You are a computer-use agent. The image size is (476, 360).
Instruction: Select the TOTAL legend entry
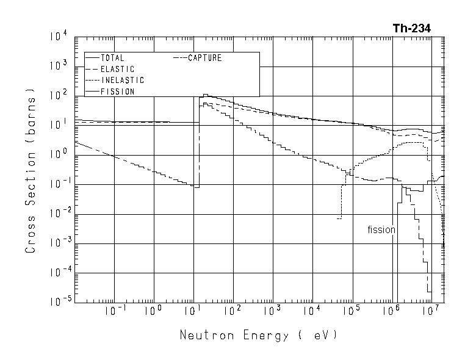coord(112,58)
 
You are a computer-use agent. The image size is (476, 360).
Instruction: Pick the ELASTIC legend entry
coord(117,69)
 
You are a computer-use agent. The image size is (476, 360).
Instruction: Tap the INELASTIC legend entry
coord(122,80)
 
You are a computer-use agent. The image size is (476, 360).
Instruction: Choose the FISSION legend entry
coord(117,92)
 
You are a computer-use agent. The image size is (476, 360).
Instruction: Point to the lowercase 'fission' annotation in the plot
coord(381,230)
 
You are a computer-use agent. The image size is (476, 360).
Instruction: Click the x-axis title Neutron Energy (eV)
coord(258,336)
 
